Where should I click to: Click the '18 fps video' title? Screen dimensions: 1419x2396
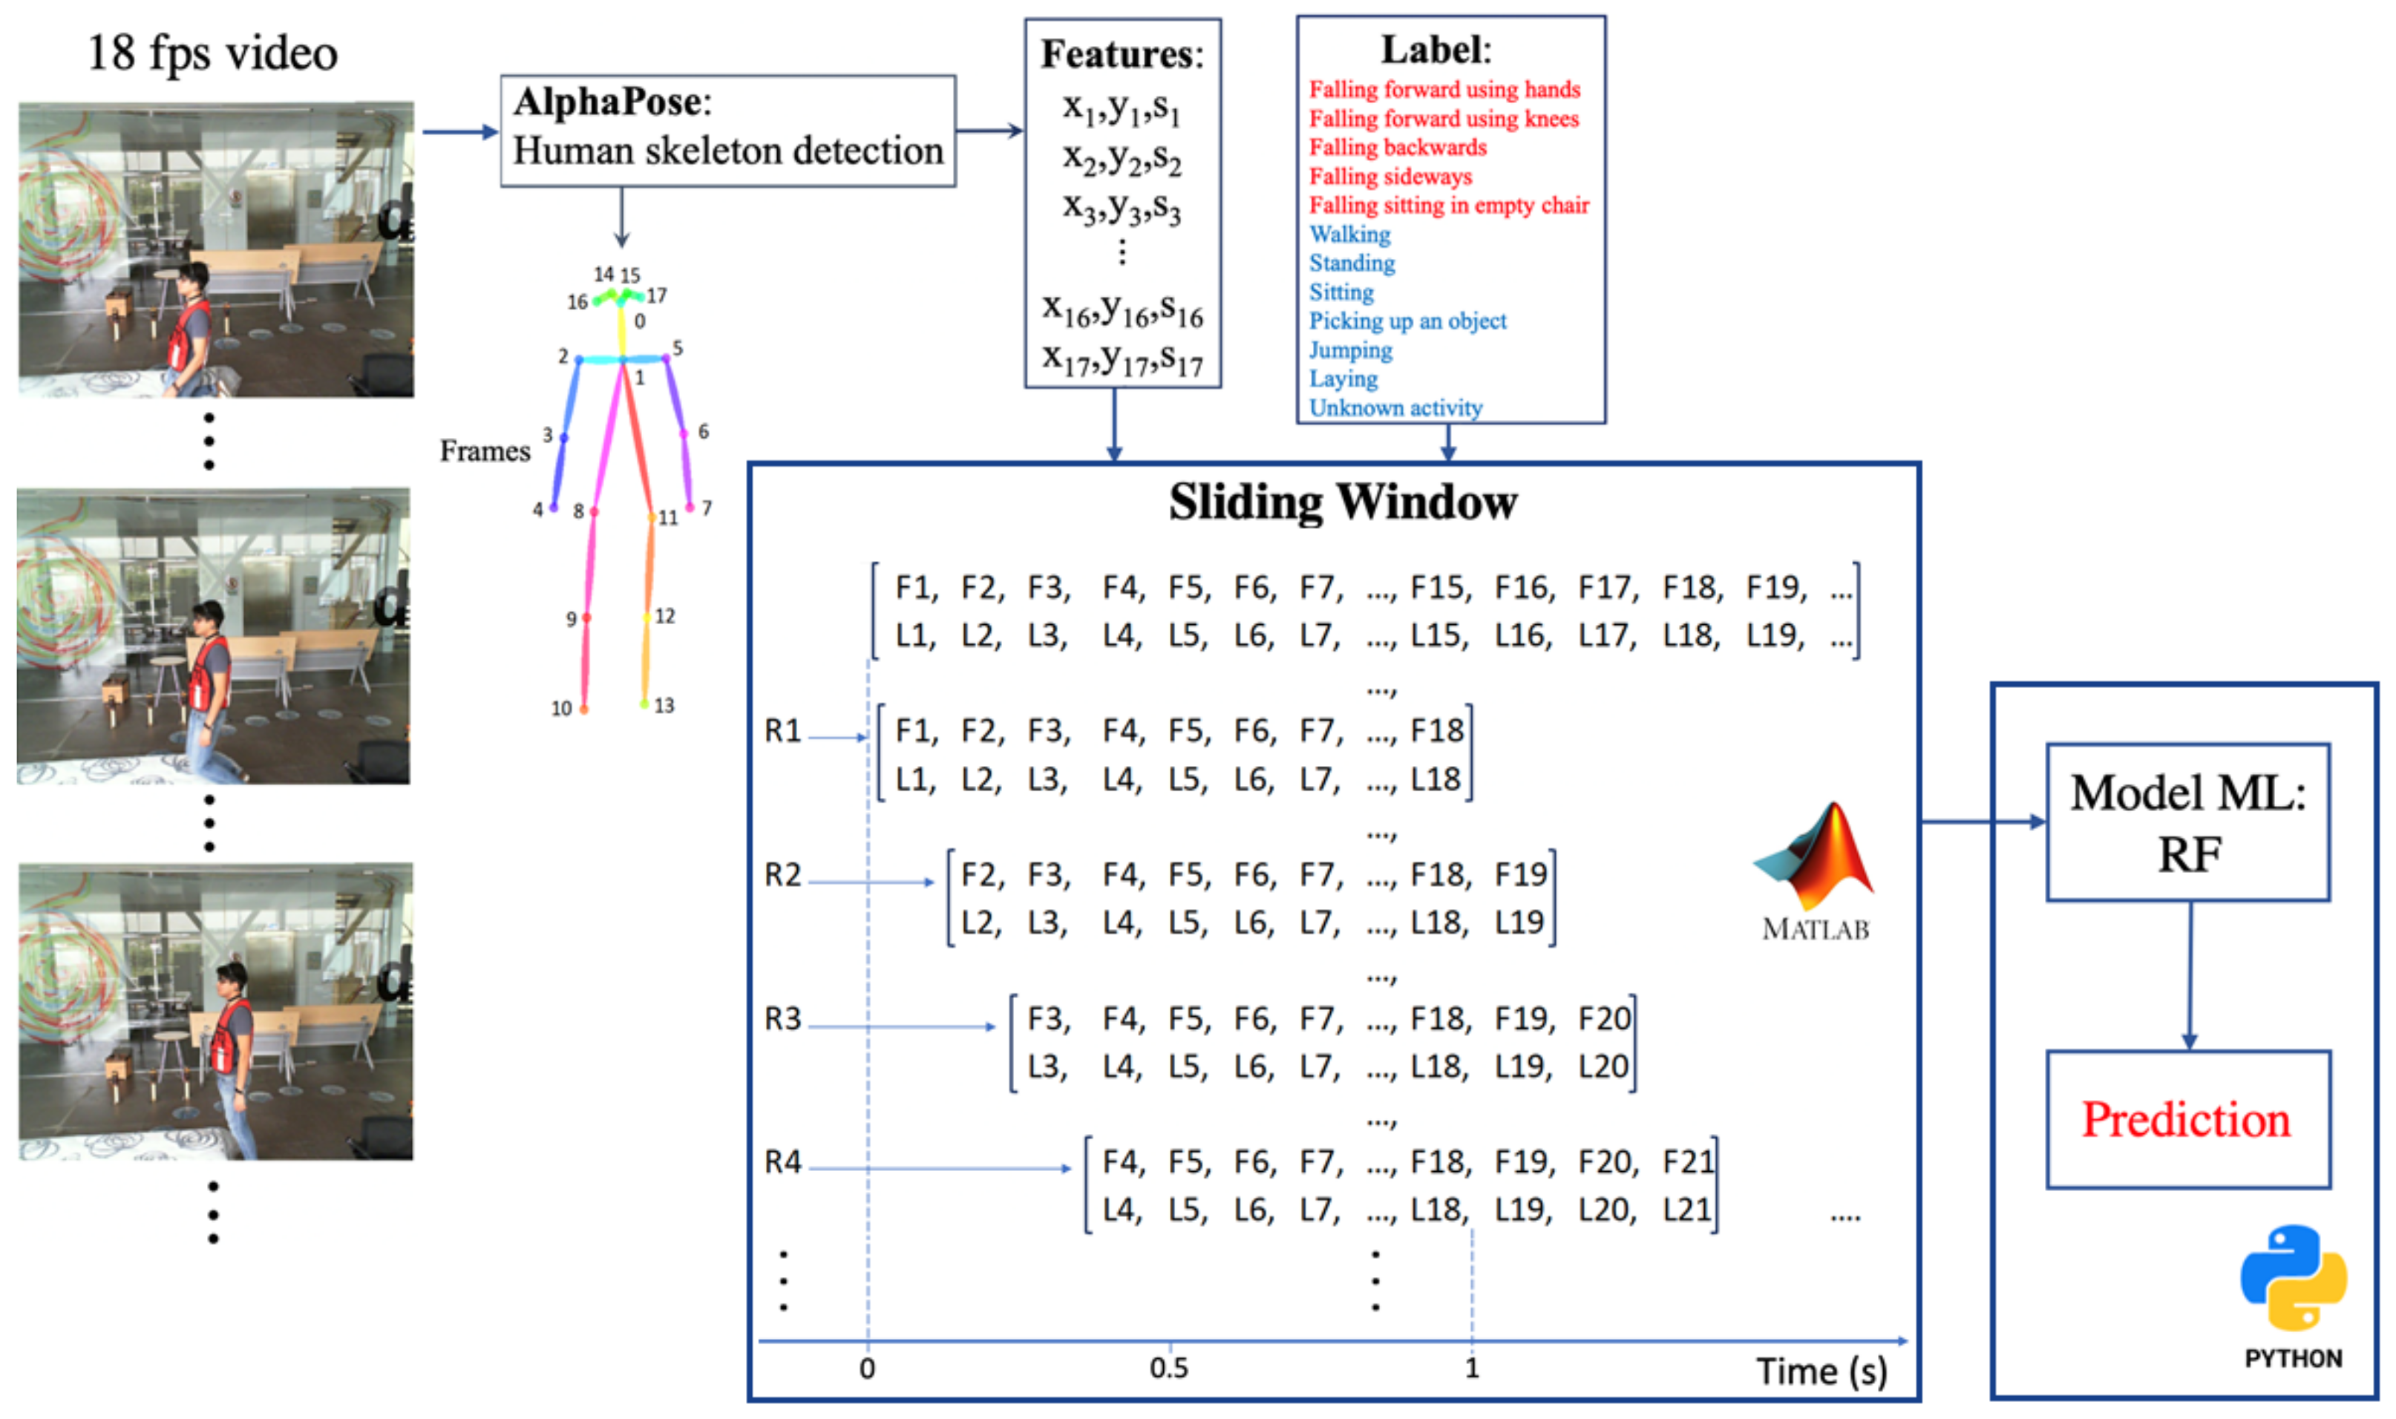[x=212, y=53]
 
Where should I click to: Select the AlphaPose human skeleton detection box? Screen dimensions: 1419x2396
[x=727, y=131]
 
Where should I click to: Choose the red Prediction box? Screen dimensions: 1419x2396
[x=2187, y=1120]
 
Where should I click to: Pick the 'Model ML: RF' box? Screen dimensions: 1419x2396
[x=2187, y=822]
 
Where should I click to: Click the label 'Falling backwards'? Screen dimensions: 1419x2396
[x=1397, y=147]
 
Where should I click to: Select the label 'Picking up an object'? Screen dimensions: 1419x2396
[x=1407, y=321]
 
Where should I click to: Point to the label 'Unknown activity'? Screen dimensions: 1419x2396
[x=1395, y=408]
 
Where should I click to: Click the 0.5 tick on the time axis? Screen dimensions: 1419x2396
[x=1168, y=1367]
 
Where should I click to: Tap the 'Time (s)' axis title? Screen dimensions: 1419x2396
[x=1821, y=1372]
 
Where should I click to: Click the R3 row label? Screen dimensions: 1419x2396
[x=782, y=1019]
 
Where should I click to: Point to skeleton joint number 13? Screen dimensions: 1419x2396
[x=644, y=705]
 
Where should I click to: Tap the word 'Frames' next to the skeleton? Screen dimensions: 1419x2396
[x=485, y=451]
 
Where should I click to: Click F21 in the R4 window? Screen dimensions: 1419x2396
[x=1688, y=1161]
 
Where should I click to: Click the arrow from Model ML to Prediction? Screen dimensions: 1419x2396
[x=2190, y=975]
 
